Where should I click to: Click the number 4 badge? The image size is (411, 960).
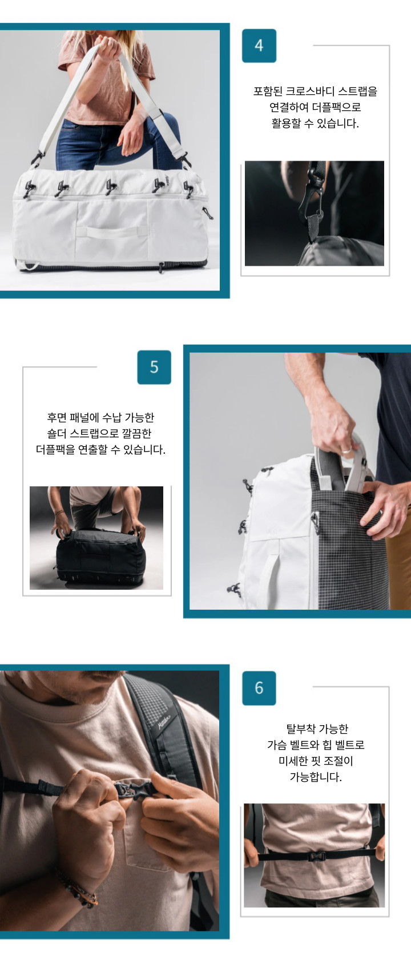click(259, 46)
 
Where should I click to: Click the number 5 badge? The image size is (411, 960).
click(154, 367)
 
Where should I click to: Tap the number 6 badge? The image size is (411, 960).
click(259, 688)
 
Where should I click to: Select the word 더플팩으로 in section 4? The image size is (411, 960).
click(336, 107)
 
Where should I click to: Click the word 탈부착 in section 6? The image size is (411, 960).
click(300, 729)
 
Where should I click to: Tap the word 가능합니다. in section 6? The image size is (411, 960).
click(316, 777)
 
